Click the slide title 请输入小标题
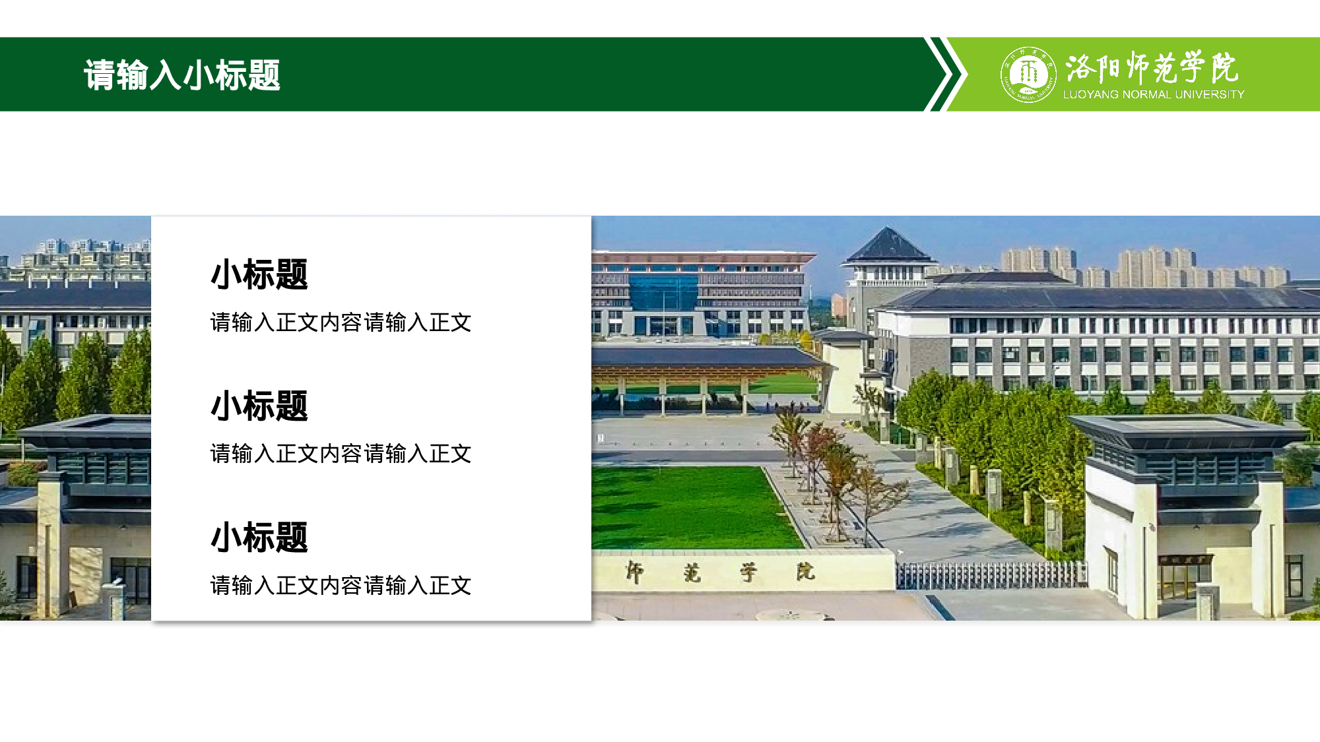point(182,75)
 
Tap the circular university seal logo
point(1028,75)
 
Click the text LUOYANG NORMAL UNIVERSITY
point(1153,95)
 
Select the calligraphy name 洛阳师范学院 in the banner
point(1152,67)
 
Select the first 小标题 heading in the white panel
point(259,274)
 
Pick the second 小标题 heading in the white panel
point(259,406)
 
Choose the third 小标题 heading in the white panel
point(259,537)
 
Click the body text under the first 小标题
point(341,323)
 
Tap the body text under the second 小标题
point(341,454)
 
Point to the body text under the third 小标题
point(341,585)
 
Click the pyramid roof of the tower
point(888,245)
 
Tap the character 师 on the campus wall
point(635,572)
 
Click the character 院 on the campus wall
point(805,571)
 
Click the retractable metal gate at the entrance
point(990,575)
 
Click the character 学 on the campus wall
point(748,572)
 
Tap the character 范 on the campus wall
point(692,572)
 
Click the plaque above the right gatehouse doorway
point(1185,560)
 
